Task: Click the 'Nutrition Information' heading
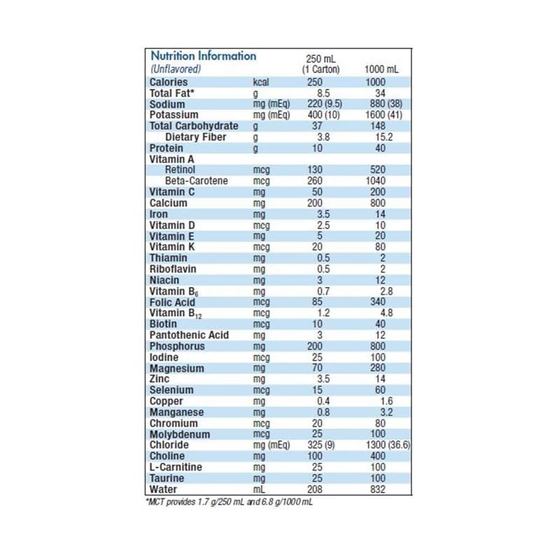coord(204,56)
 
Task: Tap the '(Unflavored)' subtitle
coord(176,69)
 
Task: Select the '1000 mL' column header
coord(382,69)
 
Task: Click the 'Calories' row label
coord(169,82)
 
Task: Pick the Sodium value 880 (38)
coord(383,104)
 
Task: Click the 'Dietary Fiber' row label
coord(195,137)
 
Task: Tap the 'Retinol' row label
coord(181,170)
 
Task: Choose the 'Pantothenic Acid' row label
coord(189,335)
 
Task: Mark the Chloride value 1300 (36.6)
coord(384,445)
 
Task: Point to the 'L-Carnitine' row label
coord(176,467)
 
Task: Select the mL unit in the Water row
coord(259,489)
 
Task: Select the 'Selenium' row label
coord(171,390)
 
